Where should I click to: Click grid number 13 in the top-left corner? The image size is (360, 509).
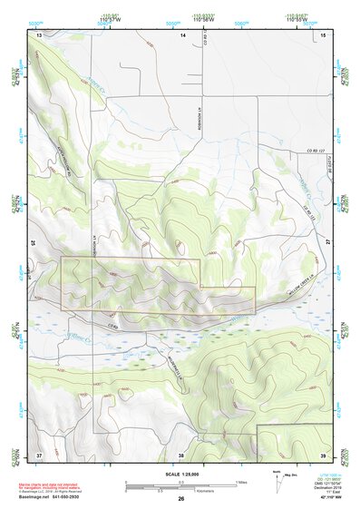(39, 34)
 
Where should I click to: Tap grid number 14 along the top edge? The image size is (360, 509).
(182, 34)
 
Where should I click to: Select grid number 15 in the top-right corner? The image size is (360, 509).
(324, 34)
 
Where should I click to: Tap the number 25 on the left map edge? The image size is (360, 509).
(34, 243)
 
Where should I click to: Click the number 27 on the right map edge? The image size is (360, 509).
(328, 243)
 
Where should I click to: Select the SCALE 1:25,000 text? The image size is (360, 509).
(181, 472)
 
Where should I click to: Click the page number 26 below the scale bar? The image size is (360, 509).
(181, 499)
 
